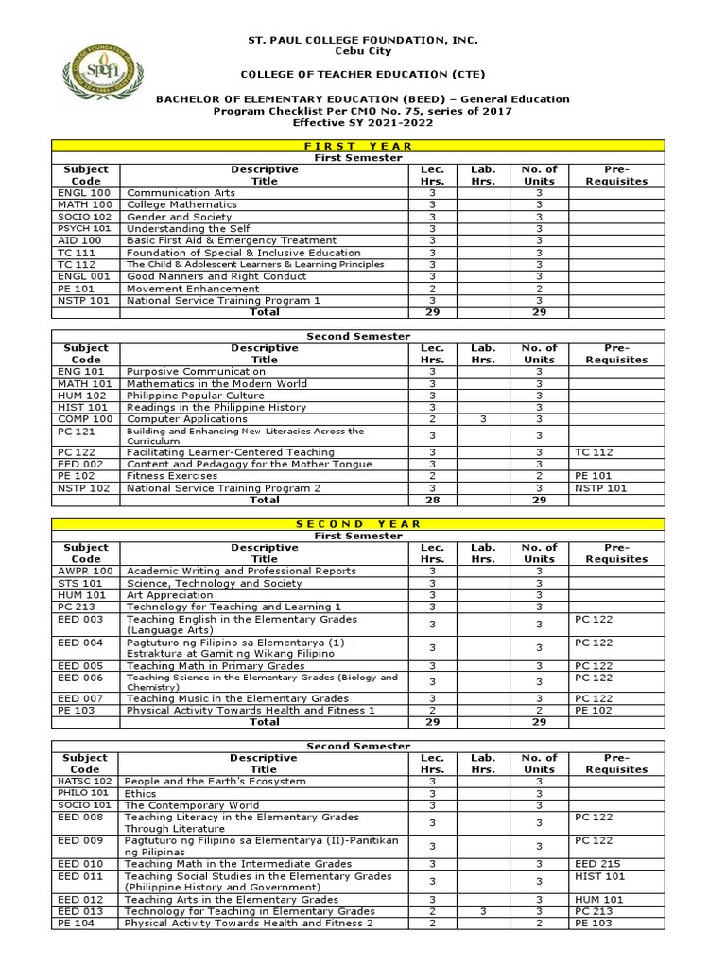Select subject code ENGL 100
pos(85,192)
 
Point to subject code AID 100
pos(80,240)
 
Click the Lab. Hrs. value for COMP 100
pos(482,418)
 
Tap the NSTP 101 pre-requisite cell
pos(600,488)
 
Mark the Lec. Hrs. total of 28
pos(432,500)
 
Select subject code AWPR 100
pos(85,571)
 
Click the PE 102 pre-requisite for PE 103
pos(594,710)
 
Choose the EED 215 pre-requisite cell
pos(596,863)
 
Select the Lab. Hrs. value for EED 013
pos(482,911)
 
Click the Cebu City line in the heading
pos(363,51)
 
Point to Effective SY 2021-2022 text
pos(363,123)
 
